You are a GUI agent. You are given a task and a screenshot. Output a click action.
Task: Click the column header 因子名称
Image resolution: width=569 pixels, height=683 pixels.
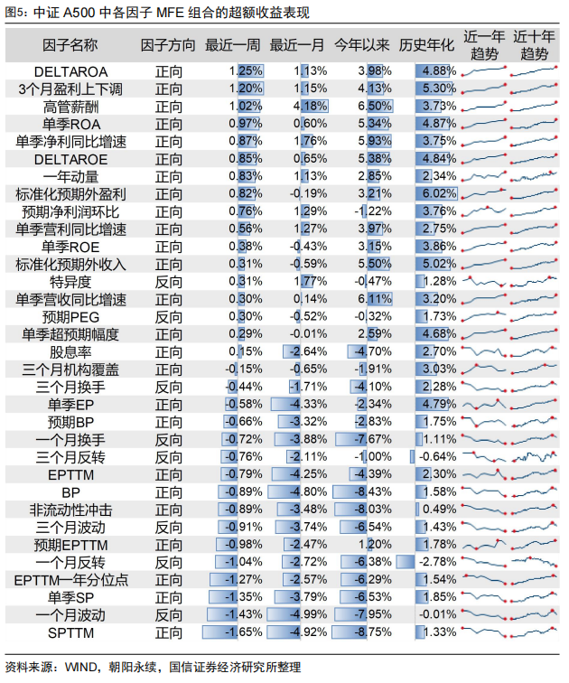(x=70, y=45)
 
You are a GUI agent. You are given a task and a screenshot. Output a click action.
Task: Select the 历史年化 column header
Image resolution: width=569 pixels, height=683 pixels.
(x=426, y=45)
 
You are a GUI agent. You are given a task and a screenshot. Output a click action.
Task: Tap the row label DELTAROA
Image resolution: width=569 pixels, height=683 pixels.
(x=70, y=72)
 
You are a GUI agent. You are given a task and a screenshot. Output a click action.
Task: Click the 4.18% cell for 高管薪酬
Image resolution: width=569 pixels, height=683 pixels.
(x=310, y=107)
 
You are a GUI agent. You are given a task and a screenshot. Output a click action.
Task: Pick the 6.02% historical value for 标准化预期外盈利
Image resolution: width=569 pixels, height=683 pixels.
(x=439, y=194)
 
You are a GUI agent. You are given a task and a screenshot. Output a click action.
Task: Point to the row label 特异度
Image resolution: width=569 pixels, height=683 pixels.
(x=70, y=282)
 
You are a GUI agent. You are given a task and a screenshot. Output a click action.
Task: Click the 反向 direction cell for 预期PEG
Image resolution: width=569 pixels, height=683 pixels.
(x=169, y=317)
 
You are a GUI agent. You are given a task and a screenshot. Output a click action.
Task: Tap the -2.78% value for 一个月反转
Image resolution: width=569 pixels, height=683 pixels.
(x=437, y=562)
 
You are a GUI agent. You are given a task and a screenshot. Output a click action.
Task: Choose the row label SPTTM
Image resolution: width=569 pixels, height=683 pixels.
(x=70, y=633)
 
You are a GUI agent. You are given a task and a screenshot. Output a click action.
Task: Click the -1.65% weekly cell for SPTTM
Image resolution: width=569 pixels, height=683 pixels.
(x=243, y=632)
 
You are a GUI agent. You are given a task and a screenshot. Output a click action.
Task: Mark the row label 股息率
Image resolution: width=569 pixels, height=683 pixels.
(x=70, y=352)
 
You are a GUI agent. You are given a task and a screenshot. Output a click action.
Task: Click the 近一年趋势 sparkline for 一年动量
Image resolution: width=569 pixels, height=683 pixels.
(x=484, y=176)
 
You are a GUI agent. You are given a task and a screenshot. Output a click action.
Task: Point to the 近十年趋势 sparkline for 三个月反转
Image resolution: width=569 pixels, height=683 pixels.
(x=534, y=457)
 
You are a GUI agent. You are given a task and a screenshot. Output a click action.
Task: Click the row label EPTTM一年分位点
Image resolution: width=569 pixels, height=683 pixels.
(x=70, y=580)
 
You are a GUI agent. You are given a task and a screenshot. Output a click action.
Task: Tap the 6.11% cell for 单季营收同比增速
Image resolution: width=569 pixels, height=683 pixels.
(x=375, y=299)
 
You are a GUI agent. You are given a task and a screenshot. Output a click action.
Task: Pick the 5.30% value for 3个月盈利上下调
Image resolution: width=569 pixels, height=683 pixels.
(x=439, y=89)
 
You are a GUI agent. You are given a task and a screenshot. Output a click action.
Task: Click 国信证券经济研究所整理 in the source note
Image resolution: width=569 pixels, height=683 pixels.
(x=235, y=668)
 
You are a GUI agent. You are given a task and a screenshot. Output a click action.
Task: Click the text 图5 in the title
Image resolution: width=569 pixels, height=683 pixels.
(x=14, y=12)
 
